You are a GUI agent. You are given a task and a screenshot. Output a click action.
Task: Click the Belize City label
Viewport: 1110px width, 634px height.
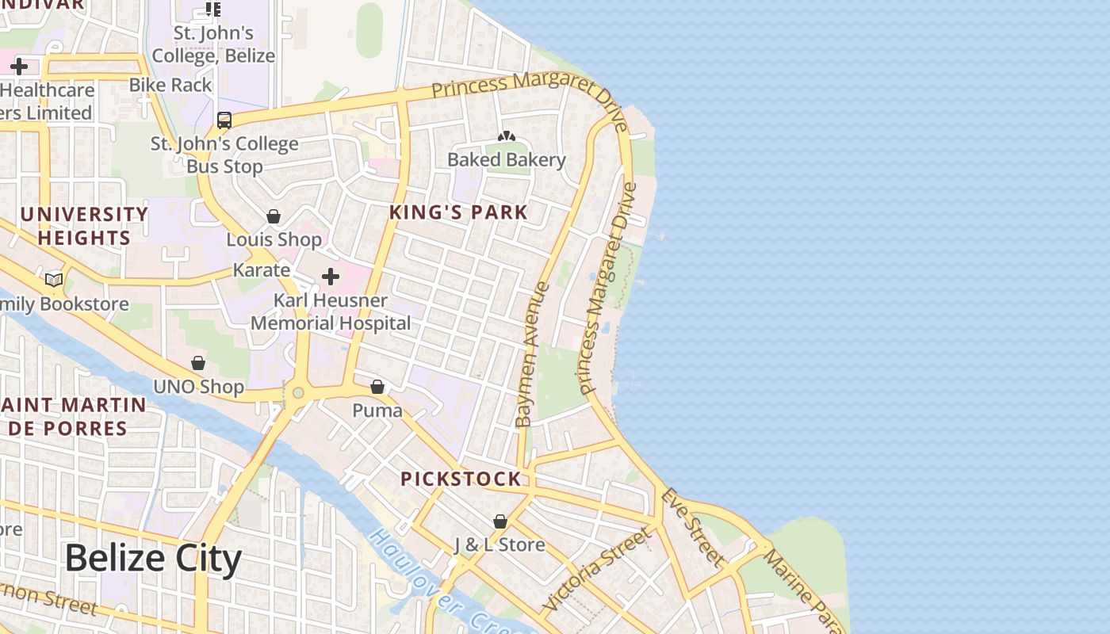point(152,559)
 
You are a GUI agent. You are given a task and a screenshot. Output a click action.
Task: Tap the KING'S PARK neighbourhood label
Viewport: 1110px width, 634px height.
point(458,212)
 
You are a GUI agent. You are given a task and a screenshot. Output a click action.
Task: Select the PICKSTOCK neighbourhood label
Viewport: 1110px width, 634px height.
point(461,479)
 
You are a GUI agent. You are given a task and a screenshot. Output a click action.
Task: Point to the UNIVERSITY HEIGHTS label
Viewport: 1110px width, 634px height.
point(84,226)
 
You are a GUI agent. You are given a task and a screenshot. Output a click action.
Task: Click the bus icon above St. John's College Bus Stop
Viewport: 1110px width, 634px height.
point(224,120)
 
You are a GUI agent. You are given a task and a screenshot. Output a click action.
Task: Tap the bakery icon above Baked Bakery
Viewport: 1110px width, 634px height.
point(507,137)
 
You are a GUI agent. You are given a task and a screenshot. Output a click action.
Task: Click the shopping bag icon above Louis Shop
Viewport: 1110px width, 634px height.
point(274,216)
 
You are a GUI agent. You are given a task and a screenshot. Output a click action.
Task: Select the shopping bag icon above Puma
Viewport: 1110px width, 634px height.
point(377,387)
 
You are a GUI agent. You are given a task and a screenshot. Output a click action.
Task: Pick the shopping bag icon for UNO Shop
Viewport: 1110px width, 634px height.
point(198,363)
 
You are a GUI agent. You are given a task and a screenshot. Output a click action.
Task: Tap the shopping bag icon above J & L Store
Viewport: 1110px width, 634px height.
point(500,521)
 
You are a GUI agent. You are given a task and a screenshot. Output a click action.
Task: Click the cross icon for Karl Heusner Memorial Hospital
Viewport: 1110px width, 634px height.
point(331,277)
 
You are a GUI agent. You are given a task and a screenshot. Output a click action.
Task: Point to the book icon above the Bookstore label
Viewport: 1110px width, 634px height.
point(54,280)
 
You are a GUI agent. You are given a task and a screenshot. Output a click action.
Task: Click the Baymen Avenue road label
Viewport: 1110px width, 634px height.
point(532,354)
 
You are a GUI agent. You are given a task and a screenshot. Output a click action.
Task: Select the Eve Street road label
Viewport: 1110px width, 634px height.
point(693,528)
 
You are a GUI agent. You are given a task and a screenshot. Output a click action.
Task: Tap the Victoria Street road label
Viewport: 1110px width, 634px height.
point(597,569)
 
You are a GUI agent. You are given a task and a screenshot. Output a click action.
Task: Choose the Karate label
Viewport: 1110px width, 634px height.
point(261,270)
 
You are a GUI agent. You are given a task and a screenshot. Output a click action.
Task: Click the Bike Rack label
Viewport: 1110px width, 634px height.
point(170,85)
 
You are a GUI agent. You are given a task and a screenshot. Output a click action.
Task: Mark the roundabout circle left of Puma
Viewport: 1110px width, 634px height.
point(298,392)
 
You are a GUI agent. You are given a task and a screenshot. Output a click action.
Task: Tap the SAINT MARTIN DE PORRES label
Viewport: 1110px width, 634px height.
point(73,417)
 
